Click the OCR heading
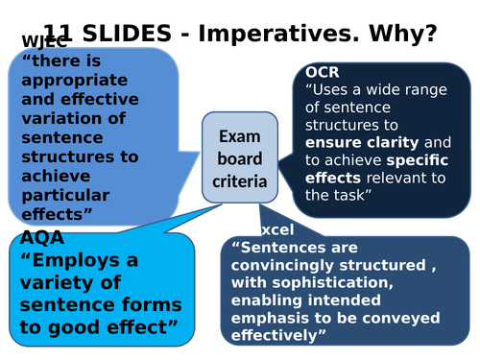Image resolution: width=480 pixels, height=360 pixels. (x=323, y=73)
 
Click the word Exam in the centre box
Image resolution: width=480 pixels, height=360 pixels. (x=239, y=136)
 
